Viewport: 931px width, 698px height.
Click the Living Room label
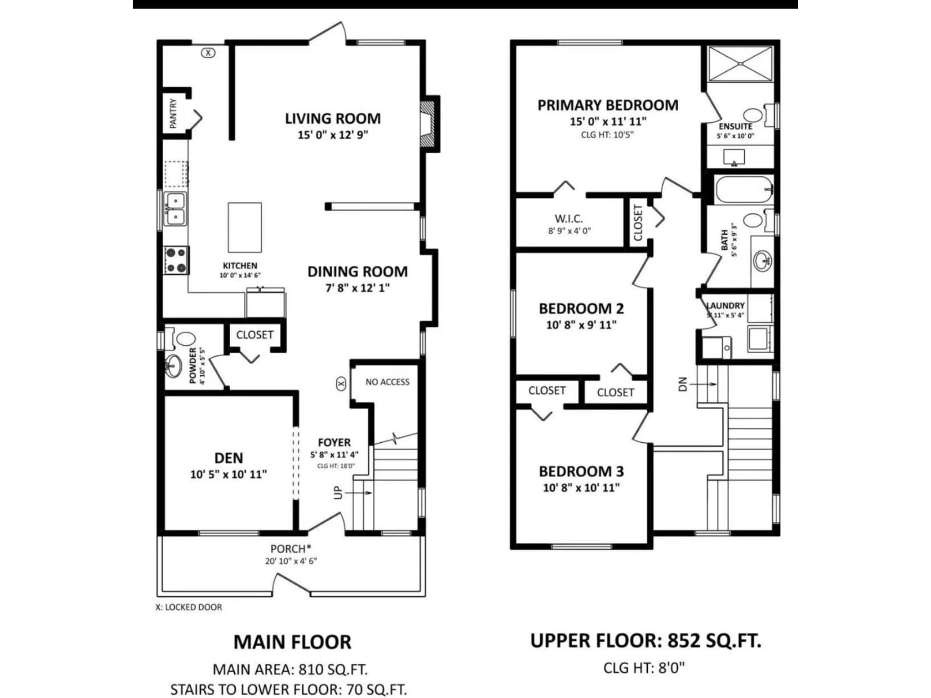pos(332,119)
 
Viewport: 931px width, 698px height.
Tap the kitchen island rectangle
pos(245,228)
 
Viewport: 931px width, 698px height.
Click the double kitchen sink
pos(175,209)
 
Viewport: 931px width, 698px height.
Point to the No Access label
pos(387,382)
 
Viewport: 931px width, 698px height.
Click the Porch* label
pos(290,549)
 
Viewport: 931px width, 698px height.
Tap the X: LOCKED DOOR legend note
pos(189,607)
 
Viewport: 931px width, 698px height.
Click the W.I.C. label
pos(569,219)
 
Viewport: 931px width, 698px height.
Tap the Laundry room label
pos(725,306)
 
